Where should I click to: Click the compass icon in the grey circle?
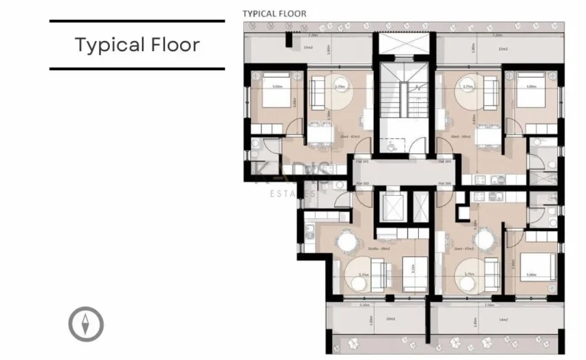86,324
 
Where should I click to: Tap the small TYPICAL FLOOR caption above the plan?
274,14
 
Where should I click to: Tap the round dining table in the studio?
347,243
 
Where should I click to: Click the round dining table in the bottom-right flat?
465,243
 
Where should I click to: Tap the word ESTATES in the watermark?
293,194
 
